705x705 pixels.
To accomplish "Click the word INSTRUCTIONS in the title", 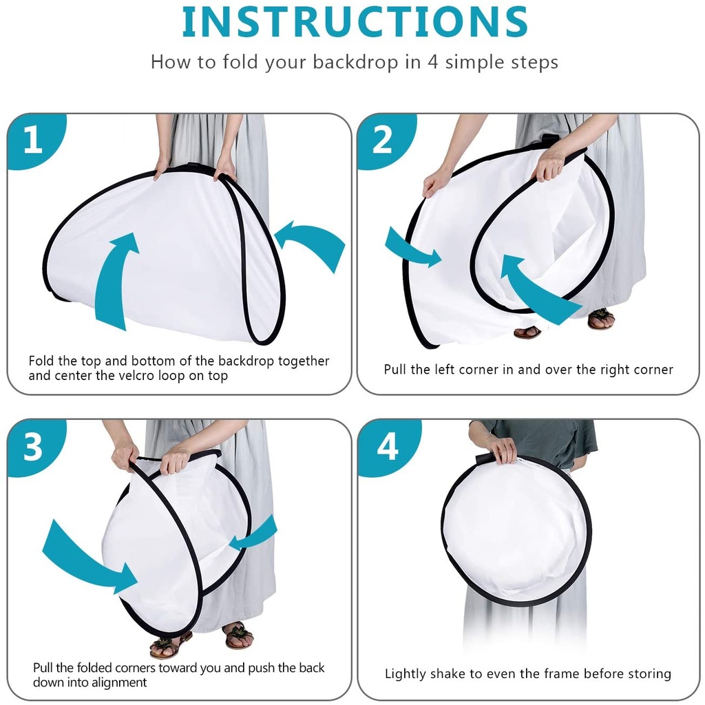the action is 355,23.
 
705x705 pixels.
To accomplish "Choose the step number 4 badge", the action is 388,446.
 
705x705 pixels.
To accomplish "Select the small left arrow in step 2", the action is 412,249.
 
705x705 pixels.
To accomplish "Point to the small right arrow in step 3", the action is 254,534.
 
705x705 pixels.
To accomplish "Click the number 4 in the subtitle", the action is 432,61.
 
